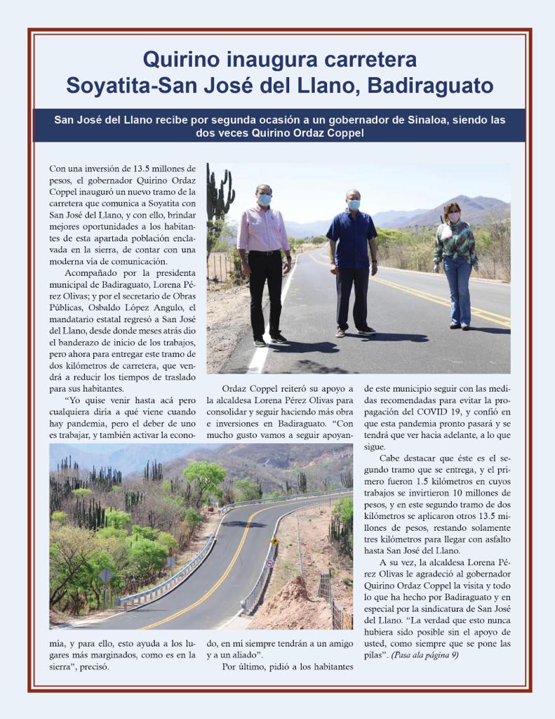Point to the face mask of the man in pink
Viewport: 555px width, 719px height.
click(265, 199)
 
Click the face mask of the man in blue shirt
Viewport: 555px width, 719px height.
click(354, 204)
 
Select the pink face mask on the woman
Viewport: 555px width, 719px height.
click(453, 217)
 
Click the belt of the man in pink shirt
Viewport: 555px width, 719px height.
click(265, 252)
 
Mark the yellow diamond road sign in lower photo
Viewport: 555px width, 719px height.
click(275, 541)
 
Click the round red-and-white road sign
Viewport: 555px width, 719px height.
click(269, 563)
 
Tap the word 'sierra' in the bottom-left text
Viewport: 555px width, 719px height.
click(63, 666)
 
